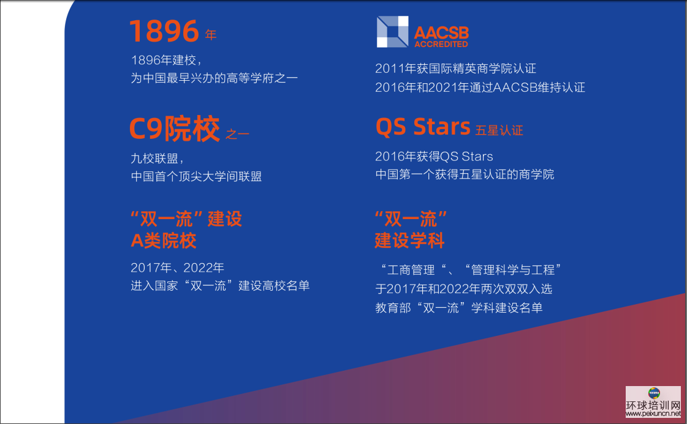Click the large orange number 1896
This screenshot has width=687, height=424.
tap(164, 31)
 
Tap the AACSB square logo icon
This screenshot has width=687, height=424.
tap(393, 31)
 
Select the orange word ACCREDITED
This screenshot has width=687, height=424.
tap(441, 44)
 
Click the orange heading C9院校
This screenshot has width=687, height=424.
tap(175, 128)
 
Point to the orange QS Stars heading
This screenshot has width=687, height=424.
tap(423, 127)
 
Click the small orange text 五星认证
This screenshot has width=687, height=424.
tap(499, 130)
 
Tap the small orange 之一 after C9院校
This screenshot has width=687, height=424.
tap(237, 134)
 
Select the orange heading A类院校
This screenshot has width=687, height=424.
tap(164, 240)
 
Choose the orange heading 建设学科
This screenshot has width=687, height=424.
tap(409, 240)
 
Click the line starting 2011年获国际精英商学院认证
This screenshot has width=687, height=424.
tap(456, 69)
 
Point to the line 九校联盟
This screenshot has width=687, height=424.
tap(157, 158)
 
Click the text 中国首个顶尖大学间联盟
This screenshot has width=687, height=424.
tap(196, 176)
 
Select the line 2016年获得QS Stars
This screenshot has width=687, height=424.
tap(434, 157)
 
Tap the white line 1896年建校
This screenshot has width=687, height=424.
tap(166, 60)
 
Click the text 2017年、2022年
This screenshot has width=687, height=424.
tap(178, 268)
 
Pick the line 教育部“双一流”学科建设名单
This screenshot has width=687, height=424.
tap(459, 308)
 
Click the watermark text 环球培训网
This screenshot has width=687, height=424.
tap(653, 406)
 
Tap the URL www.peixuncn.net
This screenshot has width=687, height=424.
tap(653, 414)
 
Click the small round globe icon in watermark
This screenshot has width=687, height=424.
tap(654, 393)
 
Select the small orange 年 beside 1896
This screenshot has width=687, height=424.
tap(211, 35)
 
